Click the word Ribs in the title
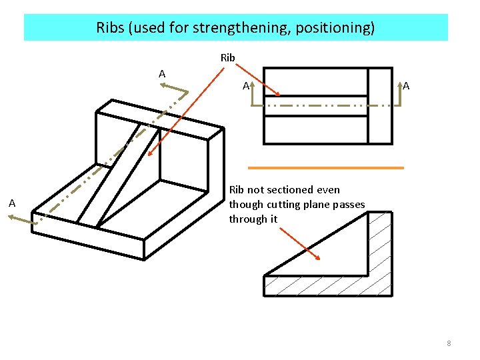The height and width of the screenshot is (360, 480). pyautogui.click(x=111, y=27)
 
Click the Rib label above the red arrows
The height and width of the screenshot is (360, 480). pyautogui.click(x=227, y=58)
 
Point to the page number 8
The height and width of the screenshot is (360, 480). pyautogui.click(x=449, y=343)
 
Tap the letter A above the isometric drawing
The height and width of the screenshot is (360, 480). pyautogui.click(x=162, y=73)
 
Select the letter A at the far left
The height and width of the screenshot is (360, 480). pyautogui.click(x=11, y=203)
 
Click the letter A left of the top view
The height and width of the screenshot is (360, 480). pyautogui.click(x=245, y=85)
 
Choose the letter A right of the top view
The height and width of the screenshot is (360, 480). pyautogui.click(x=407, y=85)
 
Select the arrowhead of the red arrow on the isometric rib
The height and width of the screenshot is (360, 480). pyautogui.click(x=151, y=153)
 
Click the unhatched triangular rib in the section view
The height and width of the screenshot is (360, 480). pyautogui.click(x=333, y=257)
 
